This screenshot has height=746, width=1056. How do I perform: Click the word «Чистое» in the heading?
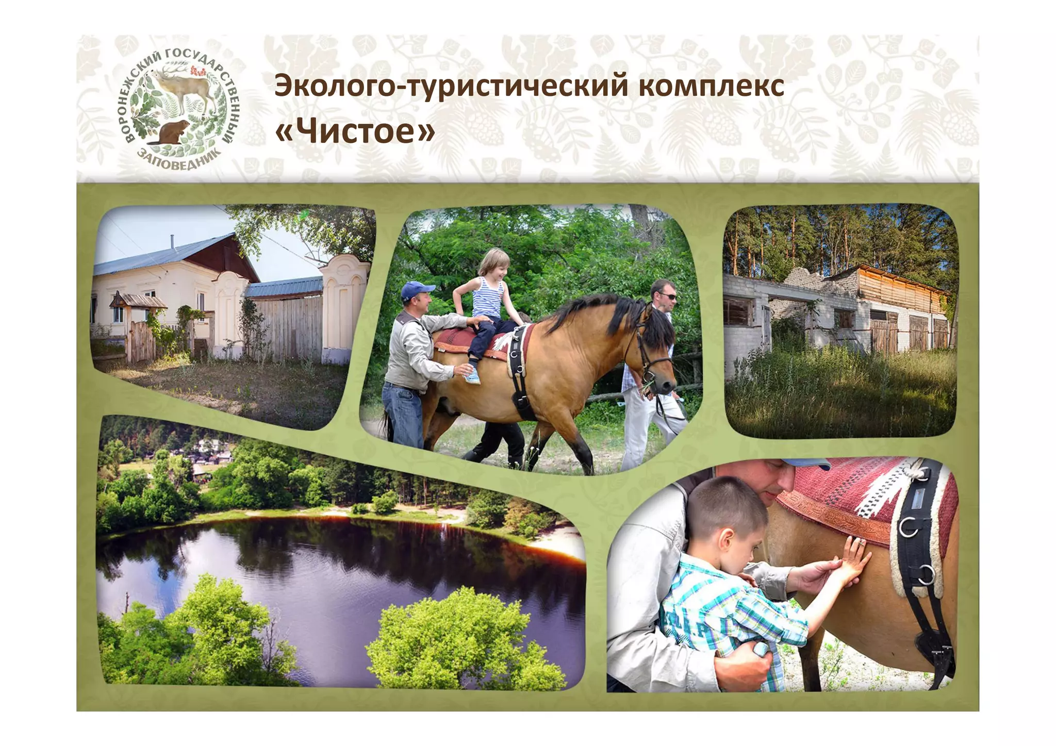tap(355, 131)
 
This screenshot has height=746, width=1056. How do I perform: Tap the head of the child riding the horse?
tap(494, 262)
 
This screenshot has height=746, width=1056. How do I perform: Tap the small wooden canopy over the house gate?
tap(138, 301)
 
